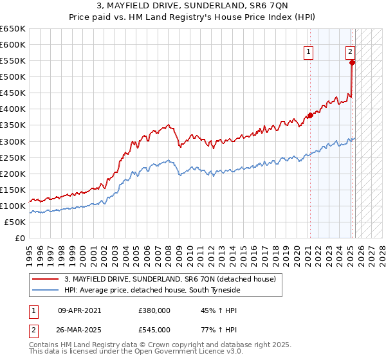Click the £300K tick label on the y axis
coord(12,141)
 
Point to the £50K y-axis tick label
coord(14,222)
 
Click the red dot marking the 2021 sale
coord(309,116)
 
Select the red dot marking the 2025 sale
coord(352,62)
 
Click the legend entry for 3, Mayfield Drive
coord(170,279)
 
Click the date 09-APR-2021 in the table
coord(80,310)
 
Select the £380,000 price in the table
coord(154,310)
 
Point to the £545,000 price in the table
coord(154,330)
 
